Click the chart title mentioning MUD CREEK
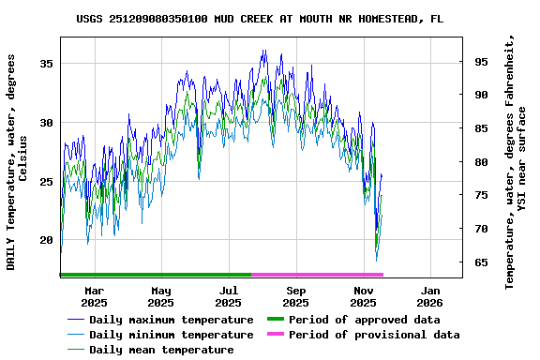point(260,19)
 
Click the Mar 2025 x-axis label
point(94,296)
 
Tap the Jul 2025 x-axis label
point(228,296)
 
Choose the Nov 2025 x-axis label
point(363,296)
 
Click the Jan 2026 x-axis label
point(429,296)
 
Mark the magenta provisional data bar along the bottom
point(317,275)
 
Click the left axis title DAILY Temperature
point(17,161)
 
